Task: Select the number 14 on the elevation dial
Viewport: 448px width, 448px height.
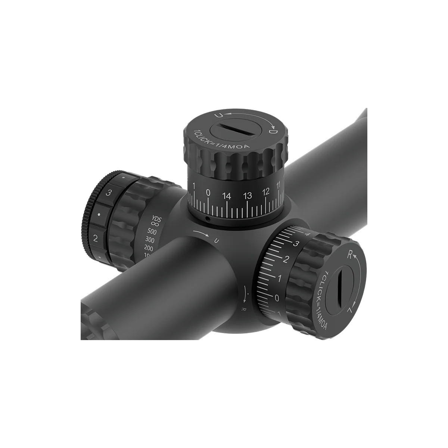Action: coord(226,195)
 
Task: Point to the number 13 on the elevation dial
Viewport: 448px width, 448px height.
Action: coord(247,195)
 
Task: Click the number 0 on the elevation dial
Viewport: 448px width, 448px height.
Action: coord(208,193)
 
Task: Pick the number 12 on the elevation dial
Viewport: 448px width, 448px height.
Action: coord(266,192)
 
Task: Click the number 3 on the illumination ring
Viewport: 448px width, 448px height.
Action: coord(109,193)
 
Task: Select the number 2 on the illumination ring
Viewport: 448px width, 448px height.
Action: coord(96,238)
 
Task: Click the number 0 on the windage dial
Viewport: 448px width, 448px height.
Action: coord(277,298)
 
